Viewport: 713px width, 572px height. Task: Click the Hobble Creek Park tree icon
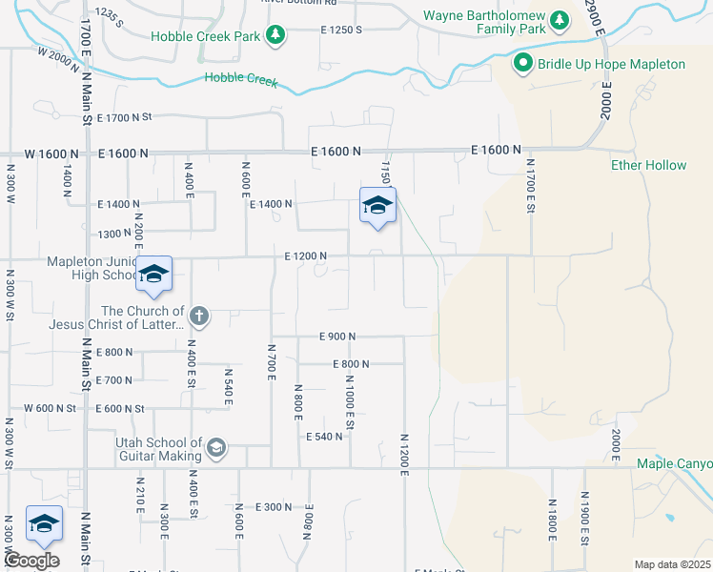tap(275, 35)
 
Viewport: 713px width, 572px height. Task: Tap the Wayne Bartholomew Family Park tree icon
tap(561, 19)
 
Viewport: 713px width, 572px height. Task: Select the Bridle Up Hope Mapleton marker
tap(522, 64)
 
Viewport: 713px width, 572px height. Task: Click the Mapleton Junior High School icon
tap(153, 275)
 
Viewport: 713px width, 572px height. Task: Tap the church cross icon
tap(198, 315)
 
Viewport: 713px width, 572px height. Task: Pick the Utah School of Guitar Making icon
tap(216, 448)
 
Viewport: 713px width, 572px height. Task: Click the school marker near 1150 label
tap(377, 205)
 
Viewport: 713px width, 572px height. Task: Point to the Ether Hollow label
tap(648, 165)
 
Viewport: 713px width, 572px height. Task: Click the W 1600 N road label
tap(47, 153)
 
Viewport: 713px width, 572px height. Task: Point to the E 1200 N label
tap(305, 256)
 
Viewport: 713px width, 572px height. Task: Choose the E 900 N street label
tap(337, 337)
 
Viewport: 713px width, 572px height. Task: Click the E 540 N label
tap(324, 437)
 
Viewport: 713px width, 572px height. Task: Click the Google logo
tap(31, 560)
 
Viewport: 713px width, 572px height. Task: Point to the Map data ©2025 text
tap(673, 564)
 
